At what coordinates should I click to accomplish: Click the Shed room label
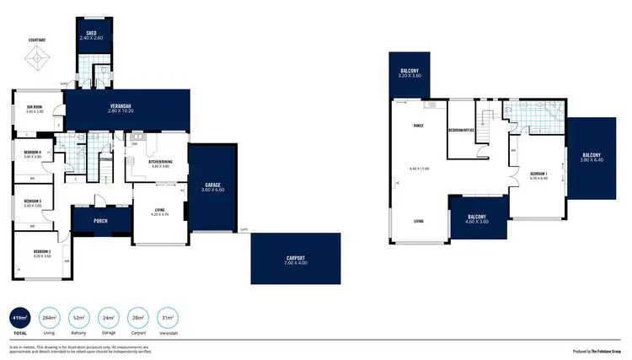tap(91, 33)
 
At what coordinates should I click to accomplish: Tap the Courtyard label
tap(36, 40)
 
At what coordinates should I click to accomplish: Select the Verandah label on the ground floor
tap(122, 105)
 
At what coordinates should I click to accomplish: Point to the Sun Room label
tap(35, 107)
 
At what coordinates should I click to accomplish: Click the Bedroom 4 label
tap(33, 152)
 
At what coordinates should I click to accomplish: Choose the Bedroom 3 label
tap(33, 201)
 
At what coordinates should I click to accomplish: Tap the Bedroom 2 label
tap(43, 251)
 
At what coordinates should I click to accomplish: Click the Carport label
tap(295, 258)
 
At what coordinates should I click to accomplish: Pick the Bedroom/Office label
tap(460, 131)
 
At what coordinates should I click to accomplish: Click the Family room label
tap(418, 126)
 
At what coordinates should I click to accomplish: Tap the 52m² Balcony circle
tap(80, 318)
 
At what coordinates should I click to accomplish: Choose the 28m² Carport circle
tap(138, 318)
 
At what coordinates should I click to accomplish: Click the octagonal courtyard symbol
tap(37, 61)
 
